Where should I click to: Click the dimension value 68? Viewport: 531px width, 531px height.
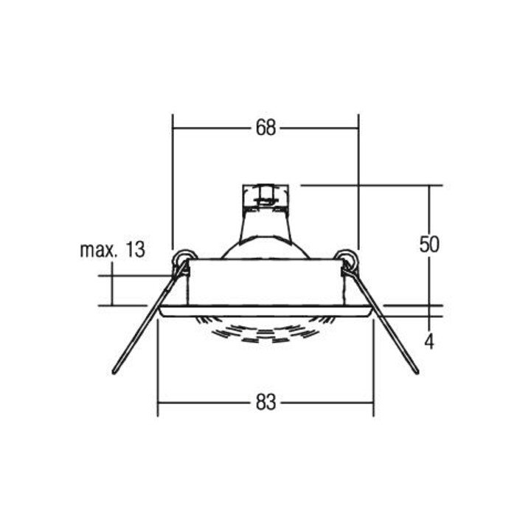[265, 128]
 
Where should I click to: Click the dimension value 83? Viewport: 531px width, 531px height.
[265, 403]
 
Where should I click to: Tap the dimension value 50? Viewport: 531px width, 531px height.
[429, 244]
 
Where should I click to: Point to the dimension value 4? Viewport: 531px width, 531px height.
[429, 341]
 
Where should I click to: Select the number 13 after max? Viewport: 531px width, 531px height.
[132, 250]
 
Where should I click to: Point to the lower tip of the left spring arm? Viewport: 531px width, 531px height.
[114, 371]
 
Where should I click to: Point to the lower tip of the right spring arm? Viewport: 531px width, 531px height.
[417, 371]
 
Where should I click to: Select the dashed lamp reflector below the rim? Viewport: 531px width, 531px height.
[265, 328]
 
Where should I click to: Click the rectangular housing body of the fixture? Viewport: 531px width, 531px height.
[265, 281]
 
